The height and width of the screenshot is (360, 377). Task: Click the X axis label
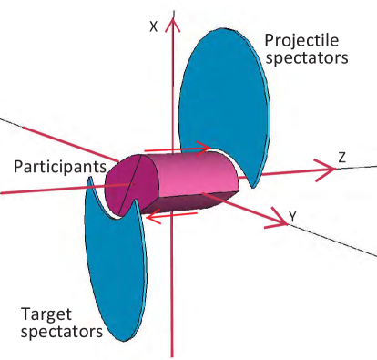[154, 27]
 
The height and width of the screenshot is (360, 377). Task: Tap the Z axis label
[341, 158]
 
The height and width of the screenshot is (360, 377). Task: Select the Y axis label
[291, 216]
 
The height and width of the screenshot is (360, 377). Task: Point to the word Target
[46, 313]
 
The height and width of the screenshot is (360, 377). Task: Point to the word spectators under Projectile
[305, 59]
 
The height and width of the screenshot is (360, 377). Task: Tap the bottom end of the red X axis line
[171, 354]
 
